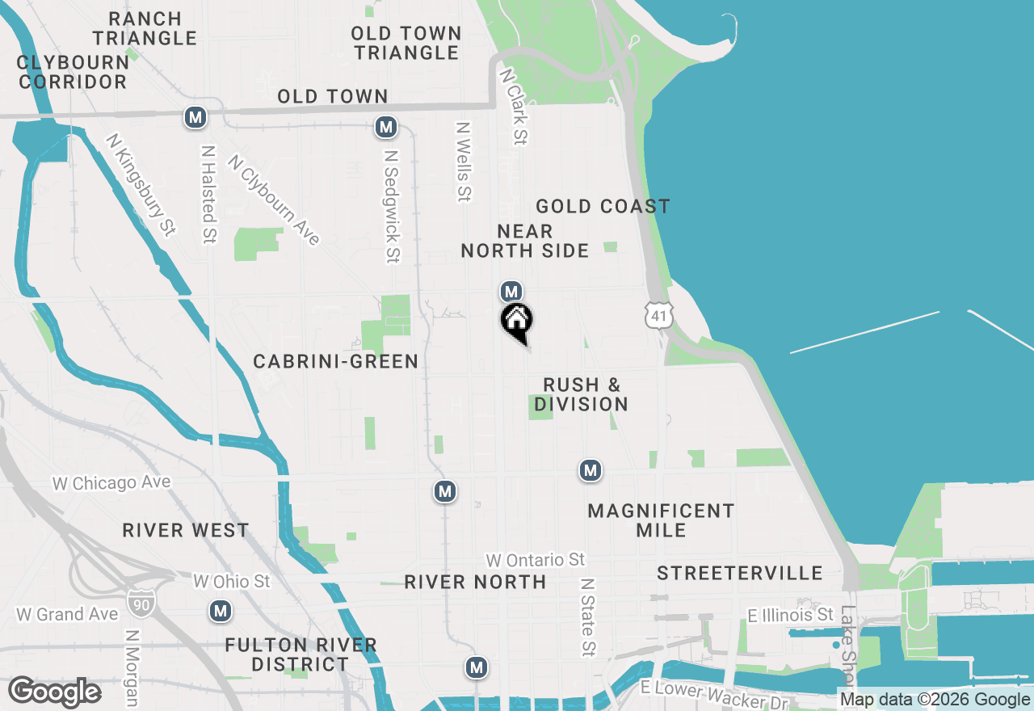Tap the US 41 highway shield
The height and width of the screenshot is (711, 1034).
pyautogui.click(x=659, y=315)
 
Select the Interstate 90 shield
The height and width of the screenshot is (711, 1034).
pyautogui.click(x=137, y=601)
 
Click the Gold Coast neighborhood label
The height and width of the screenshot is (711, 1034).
pyautogui.click(x=603, y=207)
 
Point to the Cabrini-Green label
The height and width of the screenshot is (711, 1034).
pyautogui.click(x=336, y=361)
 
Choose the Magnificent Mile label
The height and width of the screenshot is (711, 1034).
pyautogui.click(x=661, y=520)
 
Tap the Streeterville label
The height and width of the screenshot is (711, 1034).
pyautogui.click(x=739, y=573)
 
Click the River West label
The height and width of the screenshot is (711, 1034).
pyautogui.click(x=186, y=530)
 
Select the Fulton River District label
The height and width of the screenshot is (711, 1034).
pyautogui.click(x=301, y=654)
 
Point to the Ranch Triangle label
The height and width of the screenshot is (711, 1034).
pyautogui.click(x=144, y=27)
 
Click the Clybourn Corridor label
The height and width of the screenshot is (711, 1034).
pyautogui.click(x=73, y=72)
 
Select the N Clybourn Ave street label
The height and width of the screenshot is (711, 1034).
pyautogui.click(x=274, y=200)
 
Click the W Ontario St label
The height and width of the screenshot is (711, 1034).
pyautogui.click(x=535, y=559)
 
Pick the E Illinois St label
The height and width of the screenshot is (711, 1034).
pyautogui.click(x=790, y=616)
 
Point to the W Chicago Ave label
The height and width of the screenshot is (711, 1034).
pyautogui.click(x=111, y=483)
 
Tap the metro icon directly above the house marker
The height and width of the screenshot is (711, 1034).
pyautogui.click(x=511, y=291)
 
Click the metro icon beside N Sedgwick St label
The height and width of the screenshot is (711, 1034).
pyautogui.click(x=386, y=127)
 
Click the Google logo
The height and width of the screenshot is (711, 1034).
pyautogui.click(x=55, y=692)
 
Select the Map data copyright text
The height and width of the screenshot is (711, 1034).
pyautogui.click(x=935, y=700)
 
